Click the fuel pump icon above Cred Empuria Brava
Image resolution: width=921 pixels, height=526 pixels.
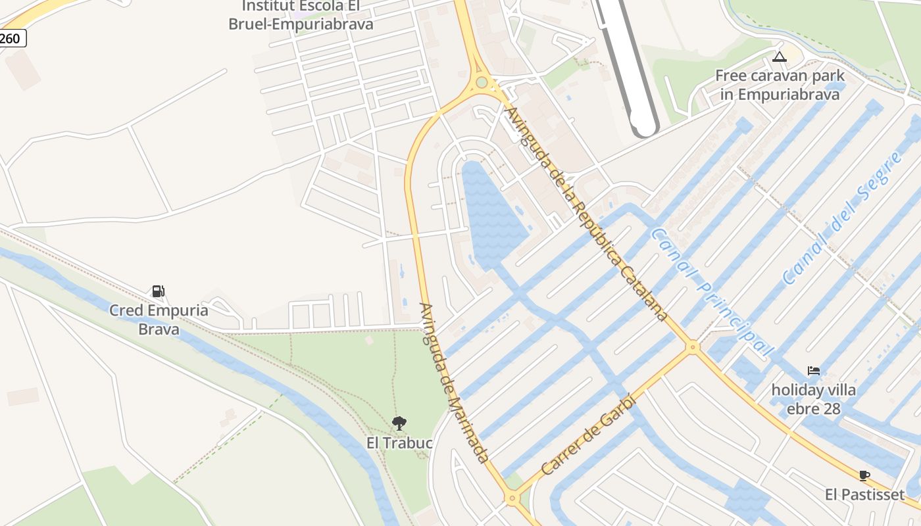(158, 291)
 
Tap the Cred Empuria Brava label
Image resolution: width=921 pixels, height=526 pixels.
(159, 320)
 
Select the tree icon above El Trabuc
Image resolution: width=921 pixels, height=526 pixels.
(399, 423)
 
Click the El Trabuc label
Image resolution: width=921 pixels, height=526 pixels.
(399, 443)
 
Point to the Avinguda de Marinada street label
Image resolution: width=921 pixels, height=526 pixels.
(454, 383)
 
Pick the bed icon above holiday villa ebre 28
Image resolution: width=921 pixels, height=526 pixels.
(814, 371)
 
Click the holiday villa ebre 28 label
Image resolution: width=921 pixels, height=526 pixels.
(814, 399)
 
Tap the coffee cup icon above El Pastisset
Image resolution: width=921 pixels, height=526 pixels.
(864, 475)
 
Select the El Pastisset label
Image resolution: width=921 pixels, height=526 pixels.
(864, 494)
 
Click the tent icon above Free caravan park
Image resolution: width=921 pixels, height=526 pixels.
(780, 57)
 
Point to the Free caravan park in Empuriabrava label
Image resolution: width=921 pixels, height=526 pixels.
(780, 85)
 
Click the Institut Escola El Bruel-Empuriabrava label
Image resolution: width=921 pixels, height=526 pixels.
(301, 15)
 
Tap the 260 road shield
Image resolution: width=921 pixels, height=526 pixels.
(11, 39)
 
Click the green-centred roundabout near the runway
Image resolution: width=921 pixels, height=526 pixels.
(482, 82)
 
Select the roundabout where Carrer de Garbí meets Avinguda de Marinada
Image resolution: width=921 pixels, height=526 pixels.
(512, 498)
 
